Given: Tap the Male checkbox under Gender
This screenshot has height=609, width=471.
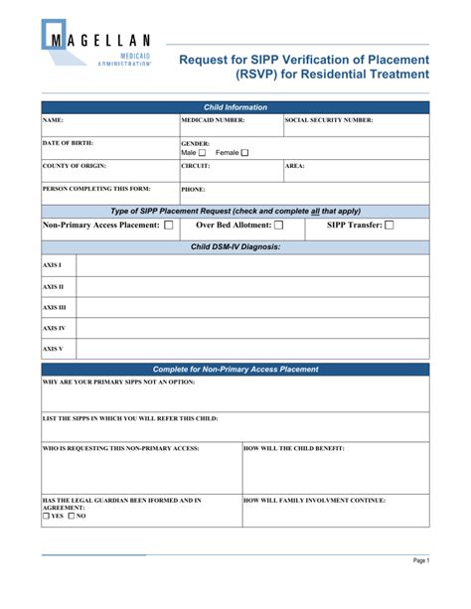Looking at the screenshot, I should point(203,153).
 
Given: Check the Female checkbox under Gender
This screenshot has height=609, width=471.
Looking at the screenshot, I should point(244,153).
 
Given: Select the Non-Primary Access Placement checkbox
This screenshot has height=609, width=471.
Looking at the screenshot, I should point(168,226).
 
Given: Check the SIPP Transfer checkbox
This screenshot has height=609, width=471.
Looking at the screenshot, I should point(389,226).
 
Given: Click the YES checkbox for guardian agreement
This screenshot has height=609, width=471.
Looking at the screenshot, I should point(46,517).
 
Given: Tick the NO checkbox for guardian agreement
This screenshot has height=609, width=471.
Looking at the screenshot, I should point(73,517).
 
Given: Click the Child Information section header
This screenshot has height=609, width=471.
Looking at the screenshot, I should point(235,107).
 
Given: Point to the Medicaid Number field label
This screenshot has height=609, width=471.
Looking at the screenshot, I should point(212,120).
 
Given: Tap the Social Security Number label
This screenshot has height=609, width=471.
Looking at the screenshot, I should point(329,120).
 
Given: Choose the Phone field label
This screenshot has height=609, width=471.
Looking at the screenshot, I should point(193,189).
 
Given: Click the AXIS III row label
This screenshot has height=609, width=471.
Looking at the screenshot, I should point(54,307).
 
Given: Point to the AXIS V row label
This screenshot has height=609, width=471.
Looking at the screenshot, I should point(53,349).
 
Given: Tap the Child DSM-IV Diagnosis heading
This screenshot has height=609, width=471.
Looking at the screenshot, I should point(235,245).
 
